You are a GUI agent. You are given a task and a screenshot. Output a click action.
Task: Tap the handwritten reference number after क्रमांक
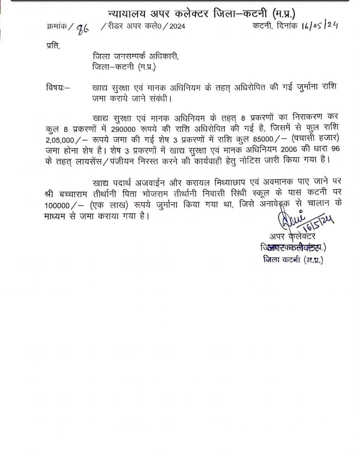82,29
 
